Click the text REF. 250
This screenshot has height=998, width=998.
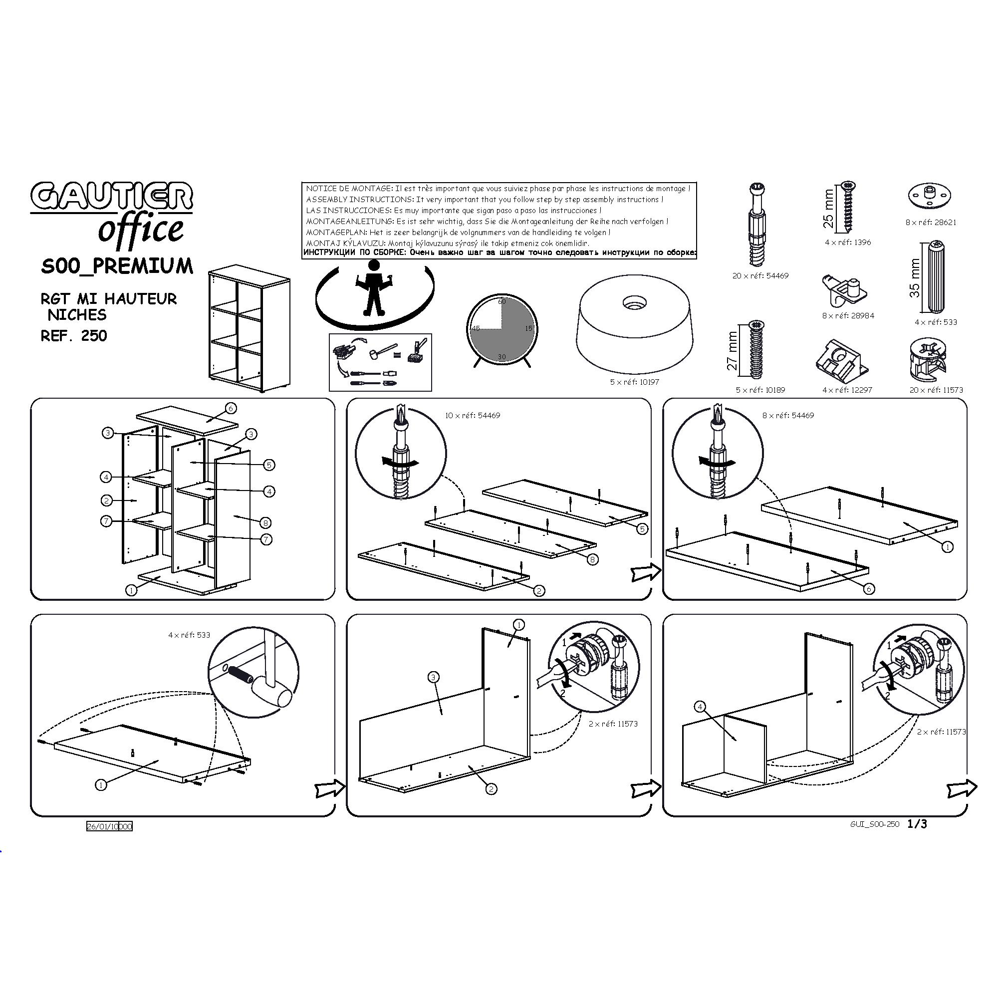[74, 336]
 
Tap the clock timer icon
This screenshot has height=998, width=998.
[501, 331]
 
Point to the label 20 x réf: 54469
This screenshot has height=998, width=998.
[760, 276]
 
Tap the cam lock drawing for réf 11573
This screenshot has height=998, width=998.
[929, 356]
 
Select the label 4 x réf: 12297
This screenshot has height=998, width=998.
[847, 390]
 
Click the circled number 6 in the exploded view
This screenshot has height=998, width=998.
[231, 408]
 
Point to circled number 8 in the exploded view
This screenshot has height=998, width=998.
[265, 522]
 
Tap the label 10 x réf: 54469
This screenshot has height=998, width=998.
[473, 415]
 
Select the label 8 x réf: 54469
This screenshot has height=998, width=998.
[788, 415]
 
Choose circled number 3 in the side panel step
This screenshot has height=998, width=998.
[434, 677]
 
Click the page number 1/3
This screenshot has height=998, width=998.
[918, 824]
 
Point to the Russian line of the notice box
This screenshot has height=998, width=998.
[499, 253]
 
